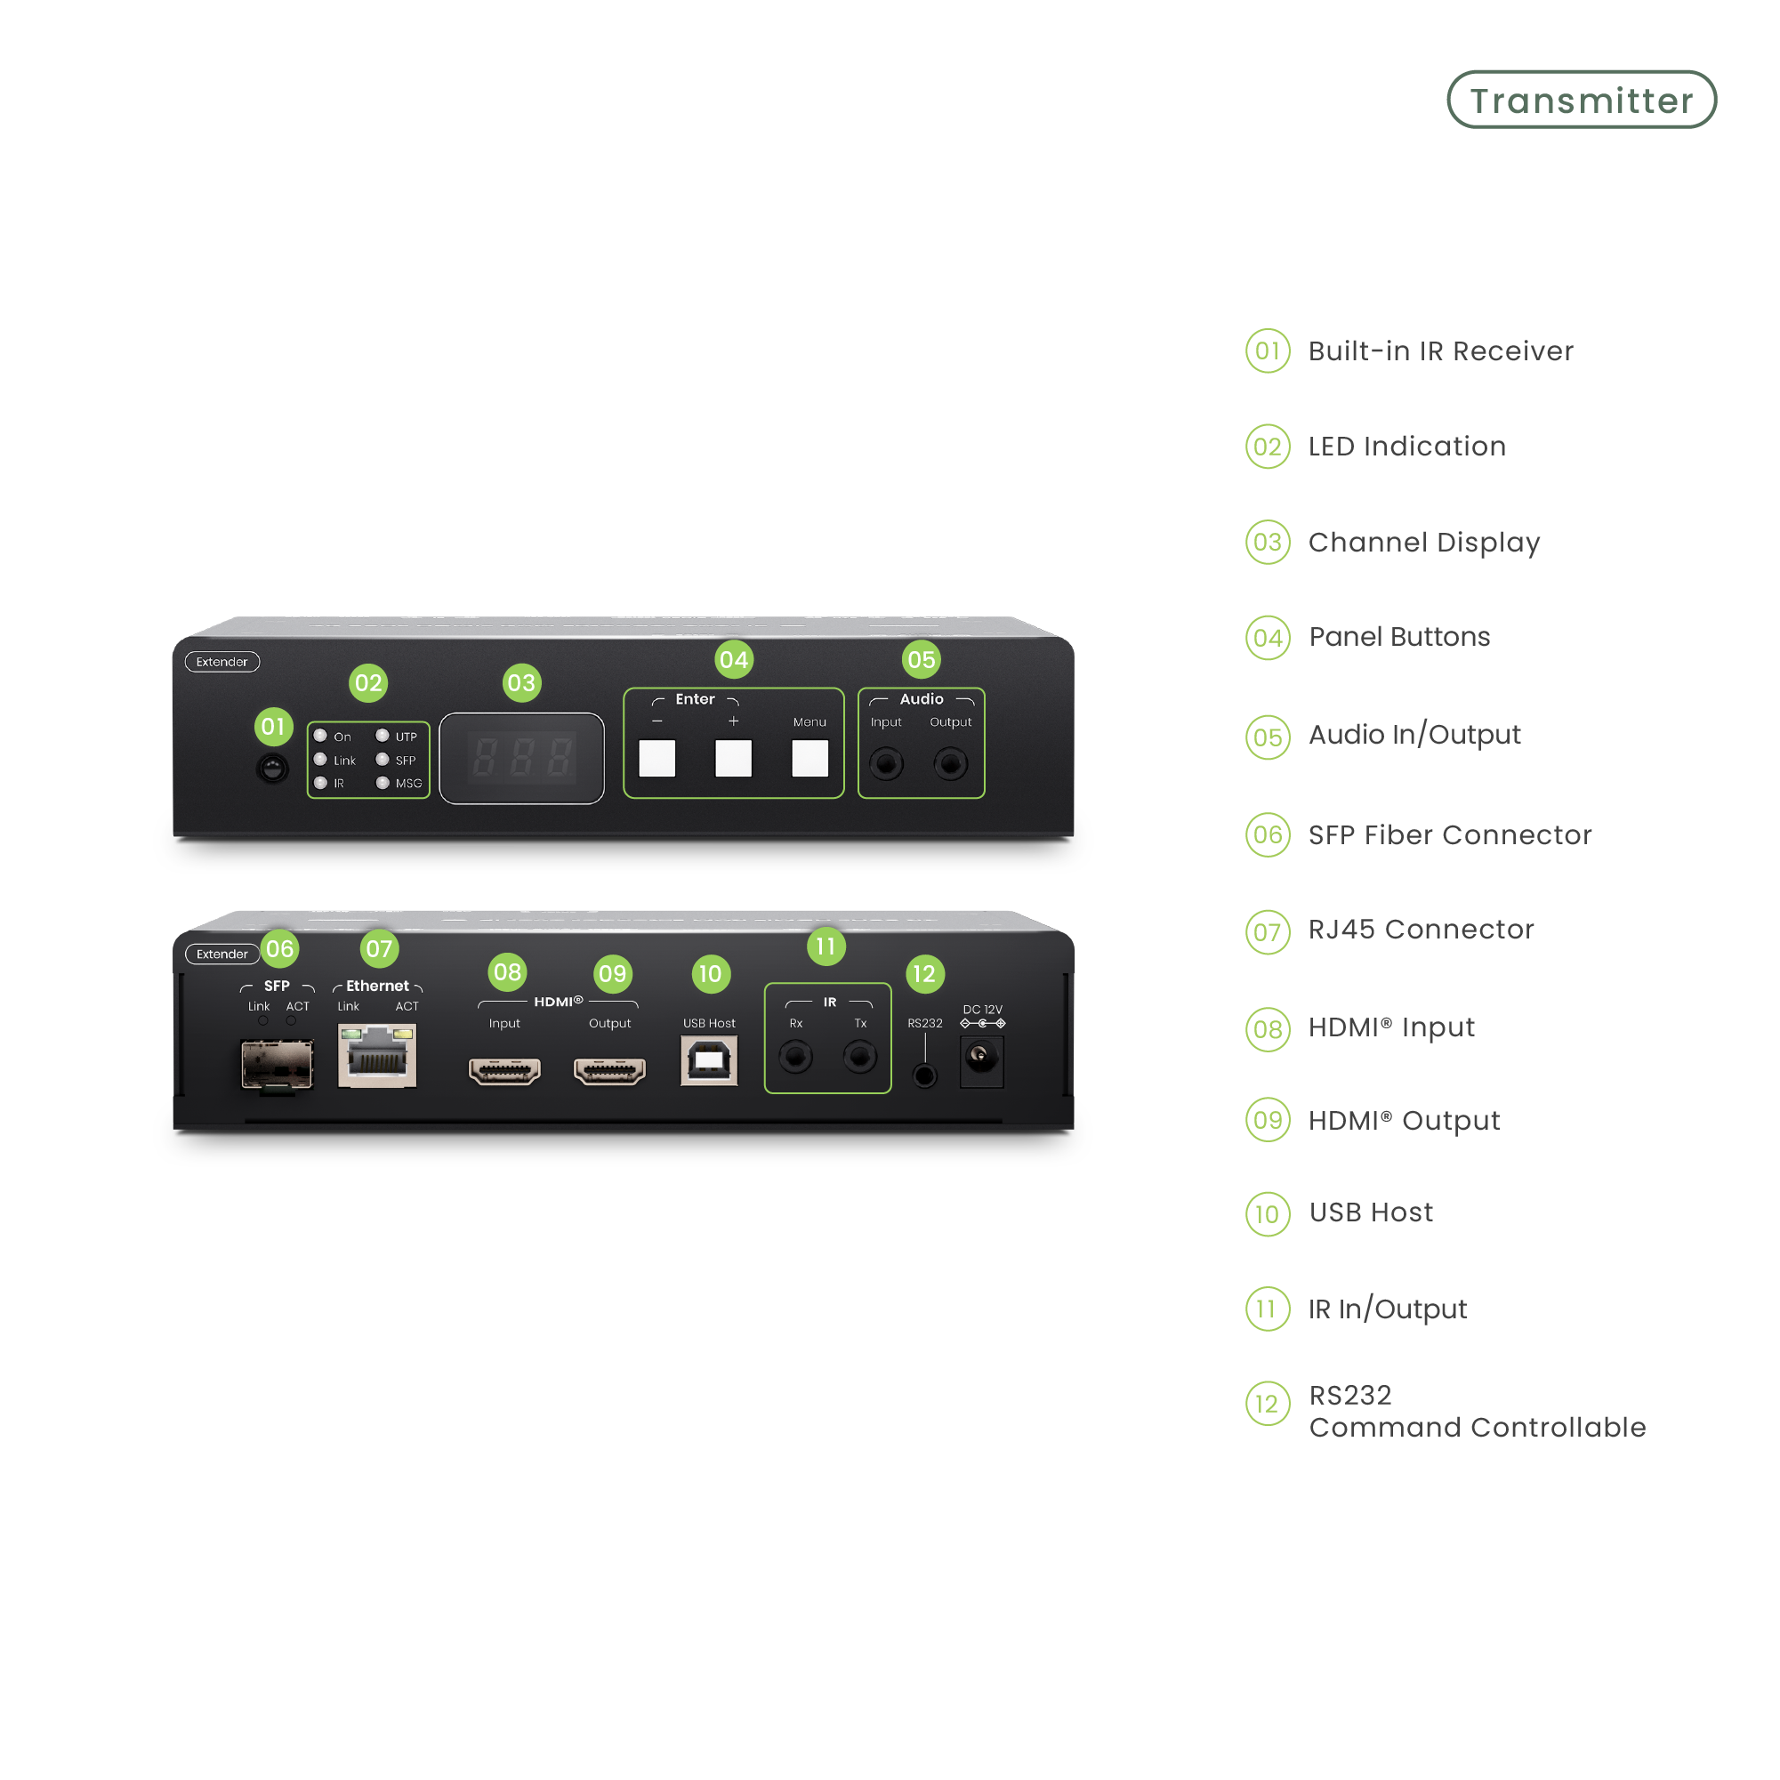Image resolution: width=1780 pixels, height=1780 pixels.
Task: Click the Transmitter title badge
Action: [1581, 101]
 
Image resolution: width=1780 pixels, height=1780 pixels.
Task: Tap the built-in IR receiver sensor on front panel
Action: [273, 768]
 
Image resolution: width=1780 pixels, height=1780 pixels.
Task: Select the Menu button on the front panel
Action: [809, 758]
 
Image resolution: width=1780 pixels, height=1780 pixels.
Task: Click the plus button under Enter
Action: [733, 758]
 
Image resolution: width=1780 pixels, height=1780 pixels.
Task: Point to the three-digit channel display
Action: [521, 758]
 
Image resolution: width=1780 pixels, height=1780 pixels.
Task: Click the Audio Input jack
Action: [886, 764]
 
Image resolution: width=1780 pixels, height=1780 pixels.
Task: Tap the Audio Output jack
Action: [951, 764]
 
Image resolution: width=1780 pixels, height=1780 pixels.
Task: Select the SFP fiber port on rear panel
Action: [277, 1064]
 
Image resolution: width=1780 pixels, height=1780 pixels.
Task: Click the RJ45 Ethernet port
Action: [378, 1058]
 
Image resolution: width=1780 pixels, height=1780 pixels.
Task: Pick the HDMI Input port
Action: [505, 1071]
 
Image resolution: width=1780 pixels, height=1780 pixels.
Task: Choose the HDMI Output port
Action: [610, 1071]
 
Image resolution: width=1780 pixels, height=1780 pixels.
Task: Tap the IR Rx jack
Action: [796, 1056]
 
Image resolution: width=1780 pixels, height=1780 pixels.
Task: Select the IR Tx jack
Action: [860, 1056]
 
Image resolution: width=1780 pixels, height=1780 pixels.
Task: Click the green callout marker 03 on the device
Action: [521, 682]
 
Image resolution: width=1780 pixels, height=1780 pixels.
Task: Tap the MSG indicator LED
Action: [383, 783]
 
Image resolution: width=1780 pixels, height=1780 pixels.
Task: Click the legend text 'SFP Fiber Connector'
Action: [1449, 834]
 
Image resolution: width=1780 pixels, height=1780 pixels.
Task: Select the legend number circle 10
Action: [1268, 1213]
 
